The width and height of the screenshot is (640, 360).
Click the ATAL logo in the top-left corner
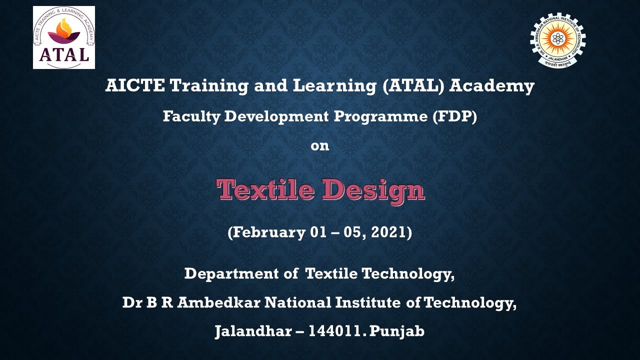point(64,37)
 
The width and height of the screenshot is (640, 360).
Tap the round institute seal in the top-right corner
point(557,40)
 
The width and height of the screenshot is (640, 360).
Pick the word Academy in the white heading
point(492,86)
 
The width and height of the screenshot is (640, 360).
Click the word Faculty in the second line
point(191,116)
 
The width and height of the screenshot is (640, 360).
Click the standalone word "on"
point(320,146)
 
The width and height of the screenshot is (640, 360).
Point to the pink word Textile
point(266,190)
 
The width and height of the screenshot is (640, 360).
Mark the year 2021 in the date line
point(391,232)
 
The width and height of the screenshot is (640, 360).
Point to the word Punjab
point(398,331)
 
